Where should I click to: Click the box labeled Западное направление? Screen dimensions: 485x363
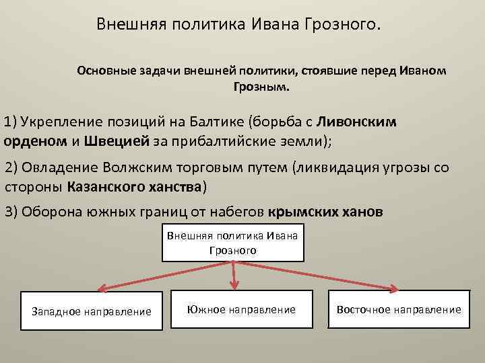(x=92, y=311)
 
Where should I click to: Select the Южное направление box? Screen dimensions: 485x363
(x=242, y=309)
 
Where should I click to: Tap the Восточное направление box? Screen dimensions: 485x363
(x=399, y=309)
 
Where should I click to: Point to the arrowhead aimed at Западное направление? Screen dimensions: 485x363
(x=102, y=288)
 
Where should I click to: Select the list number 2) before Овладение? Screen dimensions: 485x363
(x=11, y=167)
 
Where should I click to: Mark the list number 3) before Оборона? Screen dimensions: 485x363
(x=11, y=210)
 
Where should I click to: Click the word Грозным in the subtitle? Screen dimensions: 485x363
(x=259, y=87)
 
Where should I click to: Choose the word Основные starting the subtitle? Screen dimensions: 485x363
(x=102, y=71)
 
